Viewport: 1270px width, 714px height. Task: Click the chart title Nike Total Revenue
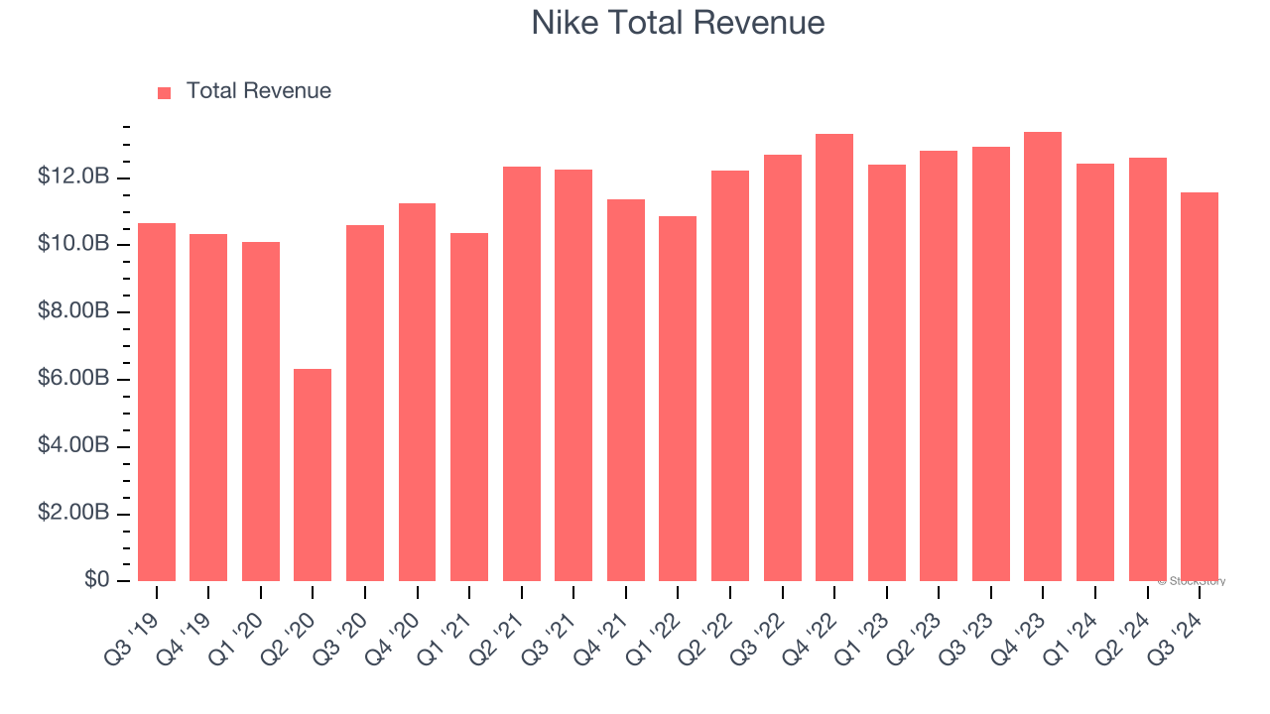click(678, 23)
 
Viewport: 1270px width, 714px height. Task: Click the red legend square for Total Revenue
click(165, 92)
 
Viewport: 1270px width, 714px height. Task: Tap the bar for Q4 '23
click(1043, 356)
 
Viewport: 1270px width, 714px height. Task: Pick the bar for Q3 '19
click(157, 402)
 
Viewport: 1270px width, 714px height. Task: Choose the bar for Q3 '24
click(1200, 387)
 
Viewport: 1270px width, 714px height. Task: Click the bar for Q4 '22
click(834, 357)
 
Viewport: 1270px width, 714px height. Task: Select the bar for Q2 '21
click(522, 374)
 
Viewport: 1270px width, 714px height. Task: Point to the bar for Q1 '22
click(678, 399)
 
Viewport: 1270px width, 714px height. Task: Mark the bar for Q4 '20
click(417, 392)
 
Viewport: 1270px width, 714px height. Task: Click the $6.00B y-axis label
click(72, 379)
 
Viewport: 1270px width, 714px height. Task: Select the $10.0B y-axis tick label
click(72, 244)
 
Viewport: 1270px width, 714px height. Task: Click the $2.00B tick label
click(72, 514)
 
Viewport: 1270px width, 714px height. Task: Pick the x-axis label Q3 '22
click(760, 629)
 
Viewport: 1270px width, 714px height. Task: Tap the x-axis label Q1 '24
click(1074, 629)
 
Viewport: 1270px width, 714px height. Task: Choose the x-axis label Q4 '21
click(604, 629)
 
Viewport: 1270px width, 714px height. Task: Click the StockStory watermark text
click(1192, 582)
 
